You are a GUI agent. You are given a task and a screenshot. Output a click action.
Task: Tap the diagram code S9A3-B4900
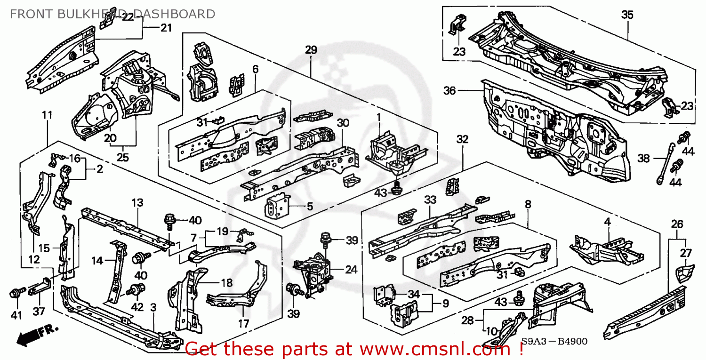554,342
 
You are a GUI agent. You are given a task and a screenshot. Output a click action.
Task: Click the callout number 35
627,15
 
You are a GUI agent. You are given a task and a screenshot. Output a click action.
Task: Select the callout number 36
449,90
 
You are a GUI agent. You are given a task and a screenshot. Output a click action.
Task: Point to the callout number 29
311,50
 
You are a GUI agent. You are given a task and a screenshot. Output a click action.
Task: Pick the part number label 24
351,270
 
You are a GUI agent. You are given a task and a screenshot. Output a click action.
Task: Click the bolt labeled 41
14,294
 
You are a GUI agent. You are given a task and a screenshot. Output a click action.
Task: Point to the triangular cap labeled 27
686,272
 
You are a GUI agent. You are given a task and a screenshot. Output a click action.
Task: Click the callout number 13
137,203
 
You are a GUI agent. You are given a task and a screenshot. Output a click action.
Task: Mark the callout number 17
243,324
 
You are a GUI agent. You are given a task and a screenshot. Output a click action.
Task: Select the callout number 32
462,139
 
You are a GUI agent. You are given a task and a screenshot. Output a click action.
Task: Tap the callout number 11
47,115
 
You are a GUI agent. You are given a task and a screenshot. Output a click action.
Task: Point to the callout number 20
110,138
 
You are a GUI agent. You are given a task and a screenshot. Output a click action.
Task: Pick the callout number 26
677,224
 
